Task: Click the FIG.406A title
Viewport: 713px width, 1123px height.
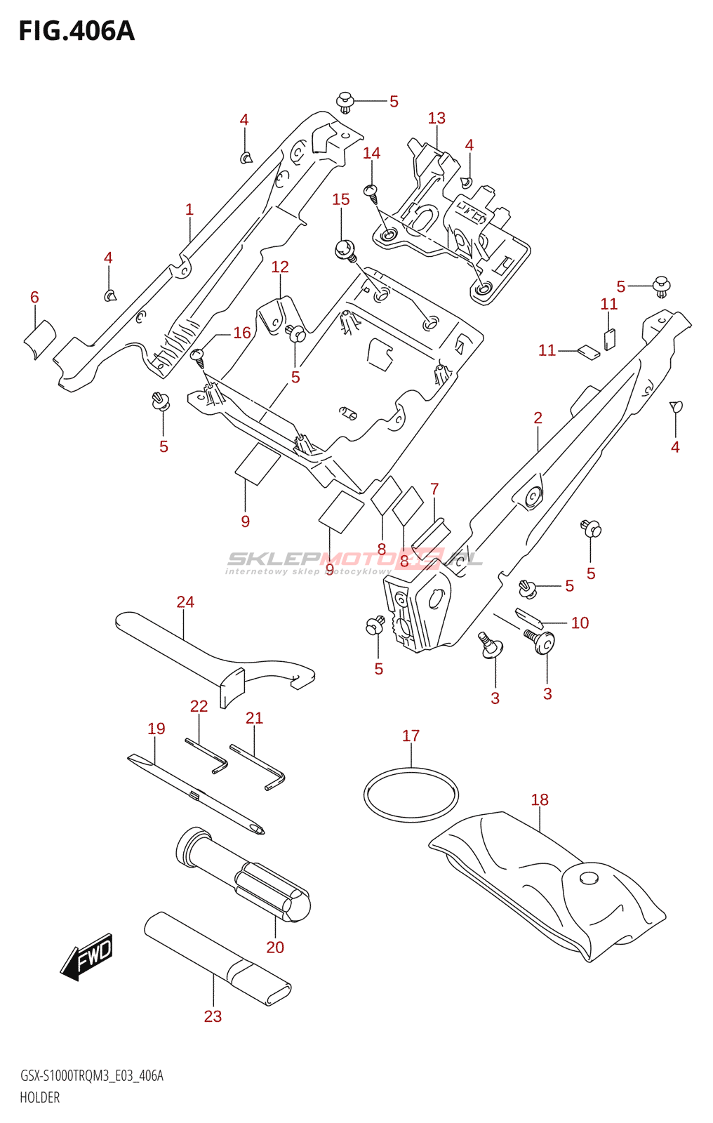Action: tap(76, 32)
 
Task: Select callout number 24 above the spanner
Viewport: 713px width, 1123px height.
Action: tap(185, 602)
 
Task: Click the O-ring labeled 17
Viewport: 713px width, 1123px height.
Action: tap(411, 795)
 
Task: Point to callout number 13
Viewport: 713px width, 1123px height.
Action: tap(437, 118)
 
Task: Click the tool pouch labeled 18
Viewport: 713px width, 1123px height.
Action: tap(547, 884)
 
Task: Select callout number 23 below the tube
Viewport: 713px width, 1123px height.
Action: tap(213, 1016)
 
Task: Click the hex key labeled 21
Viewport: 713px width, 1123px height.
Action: tap(257, 766)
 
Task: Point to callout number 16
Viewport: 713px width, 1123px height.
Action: tap(242, 333)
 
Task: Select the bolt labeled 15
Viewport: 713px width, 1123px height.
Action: tap(345, 248)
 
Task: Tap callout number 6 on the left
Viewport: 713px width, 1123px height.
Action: tap(34, 297)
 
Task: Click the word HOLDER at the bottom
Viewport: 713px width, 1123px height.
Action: tap(40, 1098)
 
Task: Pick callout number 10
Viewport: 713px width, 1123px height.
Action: tap(580, 623)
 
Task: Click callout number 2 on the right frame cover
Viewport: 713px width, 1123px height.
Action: tap(538, 418)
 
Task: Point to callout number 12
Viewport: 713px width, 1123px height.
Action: tap(280, 267)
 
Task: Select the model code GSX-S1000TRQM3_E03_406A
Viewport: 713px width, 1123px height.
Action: tap(92, 1076)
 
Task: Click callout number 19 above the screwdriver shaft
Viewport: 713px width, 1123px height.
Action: tap(156, 729)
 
